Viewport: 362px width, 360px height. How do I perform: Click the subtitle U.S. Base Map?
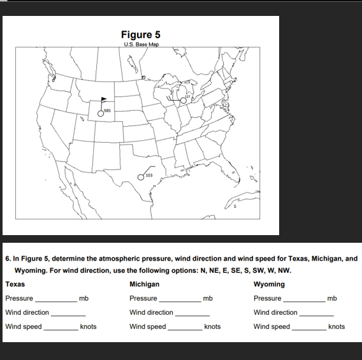[141, 45]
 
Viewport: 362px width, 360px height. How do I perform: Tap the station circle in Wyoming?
[99, 113]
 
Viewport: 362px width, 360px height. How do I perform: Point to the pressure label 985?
[107, 111]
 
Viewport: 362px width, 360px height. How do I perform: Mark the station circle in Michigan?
[184, 101]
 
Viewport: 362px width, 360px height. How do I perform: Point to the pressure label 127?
[188, 96]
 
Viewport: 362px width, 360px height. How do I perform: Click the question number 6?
[6, 259]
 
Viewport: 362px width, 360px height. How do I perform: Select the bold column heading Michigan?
[144, 284]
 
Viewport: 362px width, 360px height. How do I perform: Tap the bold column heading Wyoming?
[269, 284]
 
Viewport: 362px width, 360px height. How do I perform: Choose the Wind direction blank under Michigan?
[192, 313]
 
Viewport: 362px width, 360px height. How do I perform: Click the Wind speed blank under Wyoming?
[308, 328]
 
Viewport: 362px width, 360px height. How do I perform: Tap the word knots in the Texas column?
[88, 327]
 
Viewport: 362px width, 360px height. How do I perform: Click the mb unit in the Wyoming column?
[331, 298]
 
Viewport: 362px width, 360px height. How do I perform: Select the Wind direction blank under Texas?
[68, 313]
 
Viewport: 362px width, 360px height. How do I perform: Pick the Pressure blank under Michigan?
[180, 299]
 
